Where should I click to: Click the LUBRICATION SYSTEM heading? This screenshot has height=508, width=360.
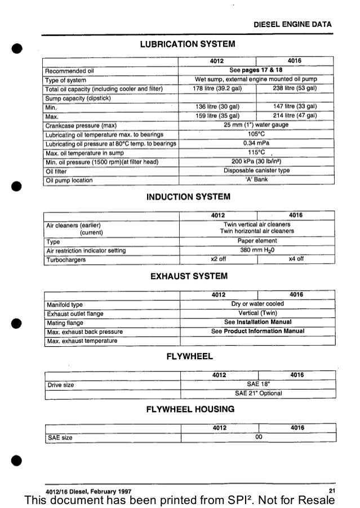coord(187,43)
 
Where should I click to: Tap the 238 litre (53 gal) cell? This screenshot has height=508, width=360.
coord(295,88)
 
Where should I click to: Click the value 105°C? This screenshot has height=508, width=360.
coord(256,135)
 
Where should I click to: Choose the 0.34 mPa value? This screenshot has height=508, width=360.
coord(256,144)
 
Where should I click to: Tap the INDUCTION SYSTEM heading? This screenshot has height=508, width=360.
coord(188,197)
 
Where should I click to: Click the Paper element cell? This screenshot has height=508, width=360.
coord(257,240)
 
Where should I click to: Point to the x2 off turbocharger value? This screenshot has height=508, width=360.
coord(218,259)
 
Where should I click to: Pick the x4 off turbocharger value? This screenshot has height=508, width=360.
coord(296,259)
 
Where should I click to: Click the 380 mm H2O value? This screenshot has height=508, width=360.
coord(257,250)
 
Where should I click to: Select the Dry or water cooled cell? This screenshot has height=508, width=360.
coord(257,304)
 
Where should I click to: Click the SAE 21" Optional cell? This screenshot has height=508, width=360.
coord(257,394)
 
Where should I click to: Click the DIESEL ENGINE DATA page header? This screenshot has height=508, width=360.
coord(293,25)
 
